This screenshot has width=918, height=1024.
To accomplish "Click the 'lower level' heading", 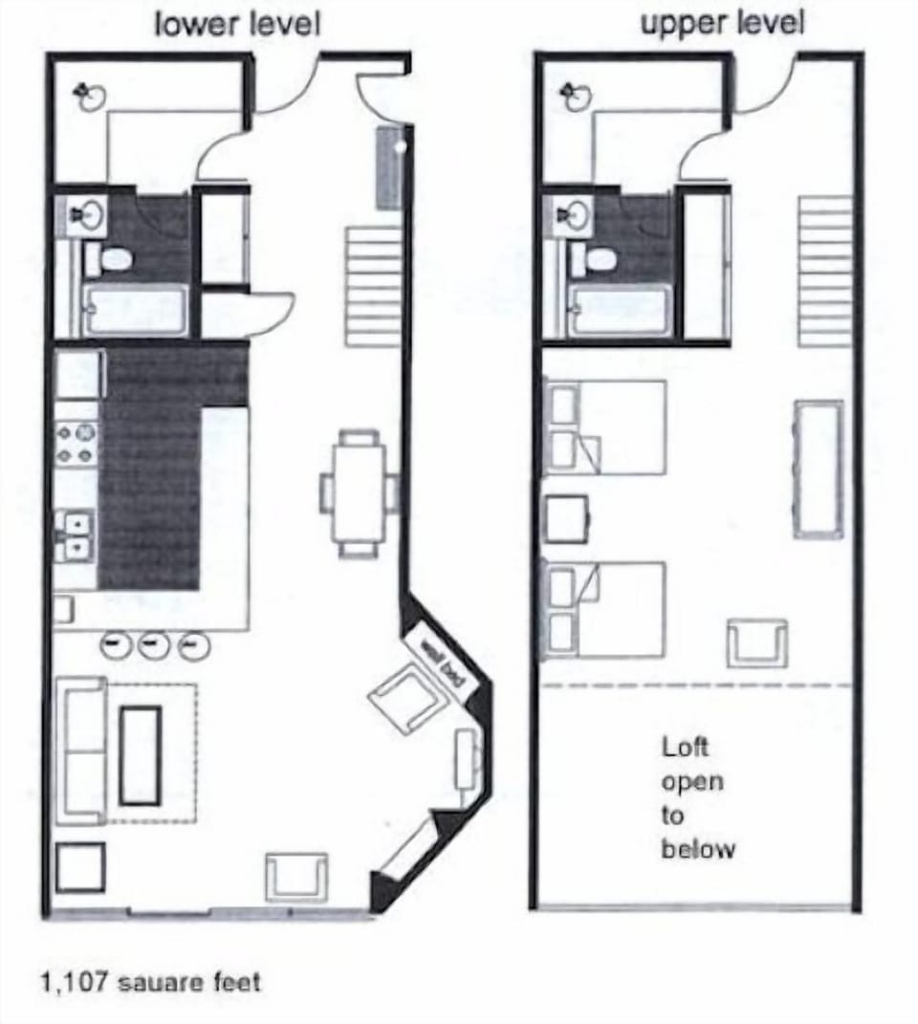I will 237,25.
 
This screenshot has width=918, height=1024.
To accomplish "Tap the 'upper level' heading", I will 722,25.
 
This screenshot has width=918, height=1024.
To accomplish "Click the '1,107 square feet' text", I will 149,982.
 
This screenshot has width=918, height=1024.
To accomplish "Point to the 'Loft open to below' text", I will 698,797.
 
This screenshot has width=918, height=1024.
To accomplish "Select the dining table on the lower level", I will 360,493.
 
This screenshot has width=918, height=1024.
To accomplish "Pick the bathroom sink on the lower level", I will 87,215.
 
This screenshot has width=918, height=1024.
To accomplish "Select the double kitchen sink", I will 75,534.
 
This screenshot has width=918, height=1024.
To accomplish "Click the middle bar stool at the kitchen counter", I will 153,645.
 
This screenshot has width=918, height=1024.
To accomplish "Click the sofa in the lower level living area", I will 82,751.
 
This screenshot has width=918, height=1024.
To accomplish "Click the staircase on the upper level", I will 824,271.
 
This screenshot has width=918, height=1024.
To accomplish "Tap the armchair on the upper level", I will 756,643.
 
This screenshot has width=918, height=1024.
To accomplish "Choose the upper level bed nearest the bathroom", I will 604,426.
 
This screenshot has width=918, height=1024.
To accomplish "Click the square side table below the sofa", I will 79,868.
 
